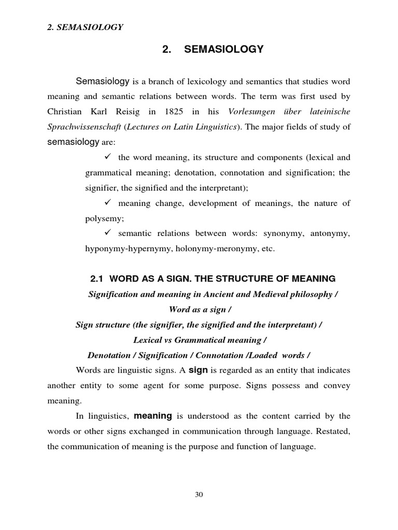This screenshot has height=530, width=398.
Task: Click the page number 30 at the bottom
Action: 199,494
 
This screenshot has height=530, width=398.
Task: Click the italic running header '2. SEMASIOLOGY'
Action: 85,27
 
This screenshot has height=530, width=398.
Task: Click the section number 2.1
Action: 97,279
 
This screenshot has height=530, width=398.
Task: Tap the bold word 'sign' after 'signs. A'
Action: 197,370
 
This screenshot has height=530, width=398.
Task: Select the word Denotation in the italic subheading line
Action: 108,355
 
